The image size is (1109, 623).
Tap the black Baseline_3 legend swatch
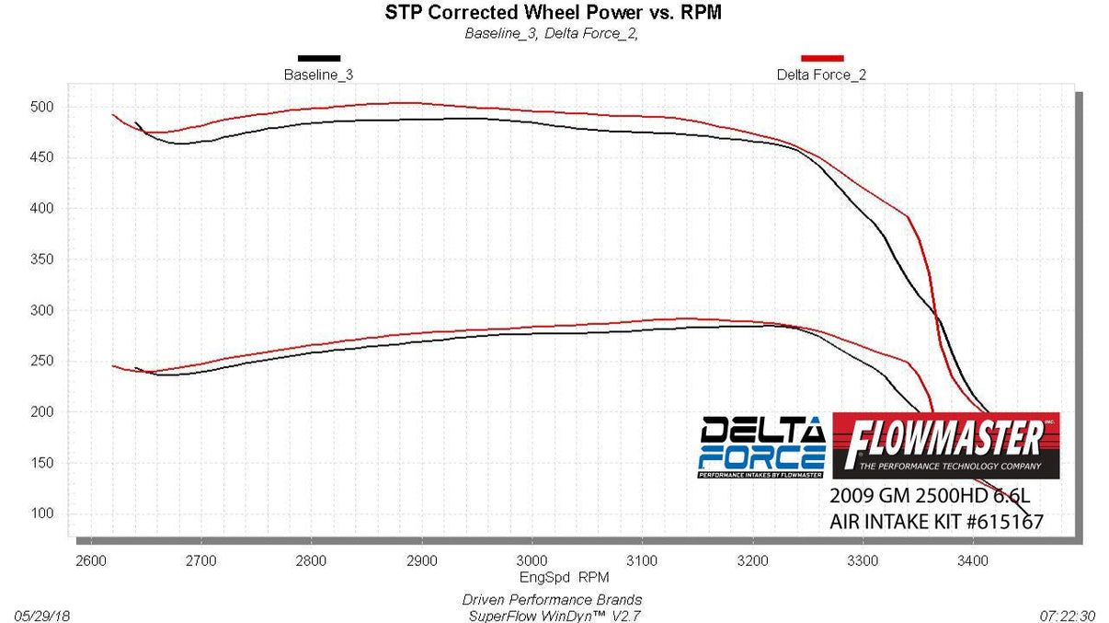(x=318, y=58)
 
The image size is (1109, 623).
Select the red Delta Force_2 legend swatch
(x=821, y=58)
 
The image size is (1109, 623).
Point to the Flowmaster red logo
(x=945, y=445)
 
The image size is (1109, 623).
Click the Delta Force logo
(x=761, y=447)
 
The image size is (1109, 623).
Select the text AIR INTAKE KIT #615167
(x=936, y=523)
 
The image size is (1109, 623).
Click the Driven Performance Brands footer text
(x=552, y=600)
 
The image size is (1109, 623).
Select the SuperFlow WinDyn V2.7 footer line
(x=552, y=614)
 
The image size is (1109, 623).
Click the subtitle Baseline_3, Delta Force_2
(x=552, y=34)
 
